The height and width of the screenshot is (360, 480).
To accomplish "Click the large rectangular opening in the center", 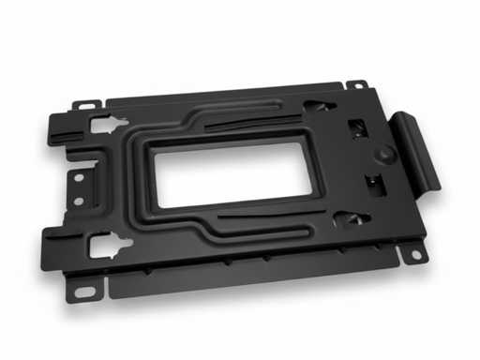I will coord(234,174).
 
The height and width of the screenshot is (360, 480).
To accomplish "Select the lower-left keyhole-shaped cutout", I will coord(106,247).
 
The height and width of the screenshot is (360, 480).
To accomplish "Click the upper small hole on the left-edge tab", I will coord(79,176).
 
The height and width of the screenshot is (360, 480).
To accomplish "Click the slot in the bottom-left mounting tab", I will coord(84,292).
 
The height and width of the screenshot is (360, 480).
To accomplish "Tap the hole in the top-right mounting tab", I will coord(356,86).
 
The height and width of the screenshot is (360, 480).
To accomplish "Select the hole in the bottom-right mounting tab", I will coord(411,253).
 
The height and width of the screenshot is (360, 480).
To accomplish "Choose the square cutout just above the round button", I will coord(356,127).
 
